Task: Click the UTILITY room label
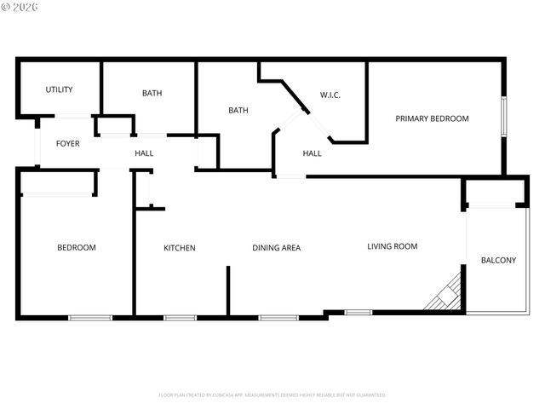[59, 89]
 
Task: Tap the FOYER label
[68, 143]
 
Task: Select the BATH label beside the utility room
[152, 93]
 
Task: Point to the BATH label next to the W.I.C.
[238, 110]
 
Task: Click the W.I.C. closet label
[330, 95]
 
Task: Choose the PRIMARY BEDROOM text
[432, 118]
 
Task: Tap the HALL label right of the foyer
[144, 153]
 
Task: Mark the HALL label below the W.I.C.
[313, 153]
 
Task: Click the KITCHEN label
[180, 248]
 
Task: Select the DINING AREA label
[276, 248]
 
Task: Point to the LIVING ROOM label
[392, 246]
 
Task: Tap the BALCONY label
[498, 260]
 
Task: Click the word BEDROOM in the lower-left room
[77, 248]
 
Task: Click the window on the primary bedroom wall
[503, 117]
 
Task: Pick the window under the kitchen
[180, 318]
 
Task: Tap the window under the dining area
[278, 318]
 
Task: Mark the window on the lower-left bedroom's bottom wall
[90, 318]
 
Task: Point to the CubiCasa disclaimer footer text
[272, 395]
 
